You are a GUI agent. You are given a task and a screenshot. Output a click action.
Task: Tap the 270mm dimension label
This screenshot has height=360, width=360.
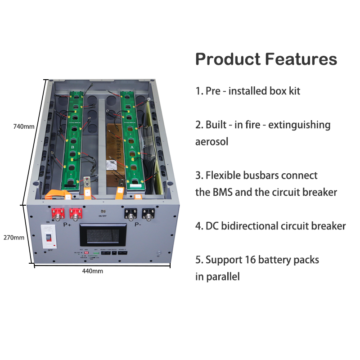(x=13, y=237)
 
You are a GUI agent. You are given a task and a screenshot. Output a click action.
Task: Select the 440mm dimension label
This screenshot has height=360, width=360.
(x=93, y=271)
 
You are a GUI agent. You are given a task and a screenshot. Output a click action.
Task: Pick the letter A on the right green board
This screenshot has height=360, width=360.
(x=131, y=147)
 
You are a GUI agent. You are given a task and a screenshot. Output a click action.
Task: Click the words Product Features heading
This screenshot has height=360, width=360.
(x=266, y=59)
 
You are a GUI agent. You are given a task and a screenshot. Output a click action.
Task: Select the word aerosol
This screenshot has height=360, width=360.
(x=211, y=141)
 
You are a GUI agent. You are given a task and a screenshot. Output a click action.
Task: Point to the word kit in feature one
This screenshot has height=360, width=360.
(x=293, y=91)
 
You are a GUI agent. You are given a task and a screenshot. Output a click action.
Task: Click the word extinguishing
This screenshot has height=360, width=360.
(x=299, y=125)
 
